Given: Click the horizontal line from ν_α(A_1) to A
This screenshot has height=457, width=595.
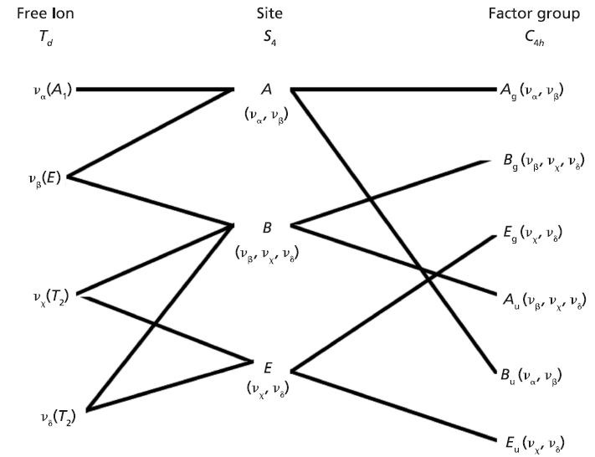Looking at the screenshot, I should [155, 88].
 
